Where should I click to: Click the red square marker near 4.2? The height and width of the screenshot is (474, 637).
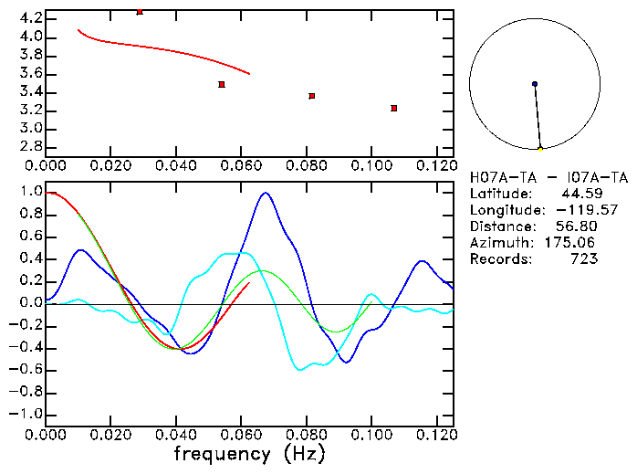140,12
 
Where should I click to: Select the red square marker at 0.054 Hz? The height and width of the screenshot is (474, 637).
222,84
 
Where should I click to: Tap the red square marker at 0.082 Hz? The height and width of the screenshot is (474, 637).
312,96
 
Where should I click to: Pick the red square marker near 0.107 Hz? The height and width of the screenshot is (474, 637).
393,108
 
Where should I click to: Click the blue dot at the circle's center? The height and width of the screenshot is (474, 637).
535,84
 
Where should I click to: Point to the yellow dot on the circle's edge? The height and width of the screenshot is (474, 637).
540,148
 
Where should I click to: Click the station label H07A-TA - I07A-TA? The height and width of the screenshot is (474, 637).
548,177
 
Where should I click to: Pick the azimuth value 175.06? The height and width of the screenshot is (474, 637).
577,243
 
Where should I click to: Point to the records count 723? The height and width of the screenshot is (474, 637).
585,259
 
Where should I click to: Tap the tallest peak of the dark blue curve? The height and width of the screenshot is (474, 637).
266,193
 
